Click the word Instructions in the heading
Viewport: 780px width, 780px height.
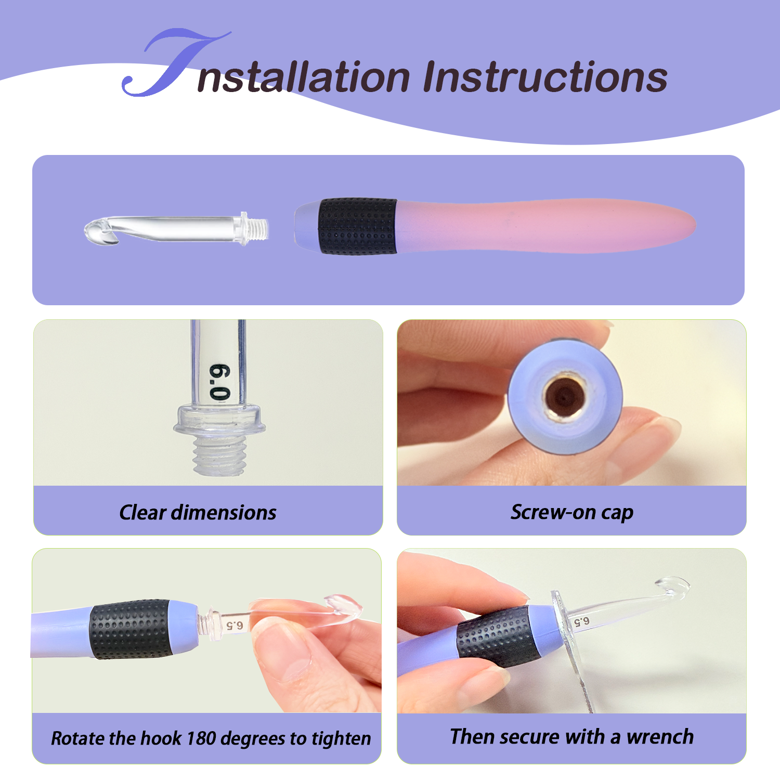pyautogui.click(x=545, y=77)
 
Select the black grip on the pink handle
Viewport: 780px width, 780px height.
pyautogui.click(x=358, y=226)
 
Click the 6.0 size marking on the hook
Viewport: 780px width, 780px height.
pyautogui.click(x=220, y=382)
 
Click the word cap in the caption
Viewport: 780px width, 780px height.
pyautogui.click(x=617, y=514)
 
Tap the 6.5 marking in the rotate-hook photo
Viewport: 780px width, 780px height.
pyautogui.click(x=235, y=625)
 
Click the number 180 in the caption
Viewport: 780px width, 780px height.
pyautogui.click(x=200, y=738)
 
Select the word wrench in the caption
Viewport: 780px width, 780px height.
pyautogui.click(x=660, y=737)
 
